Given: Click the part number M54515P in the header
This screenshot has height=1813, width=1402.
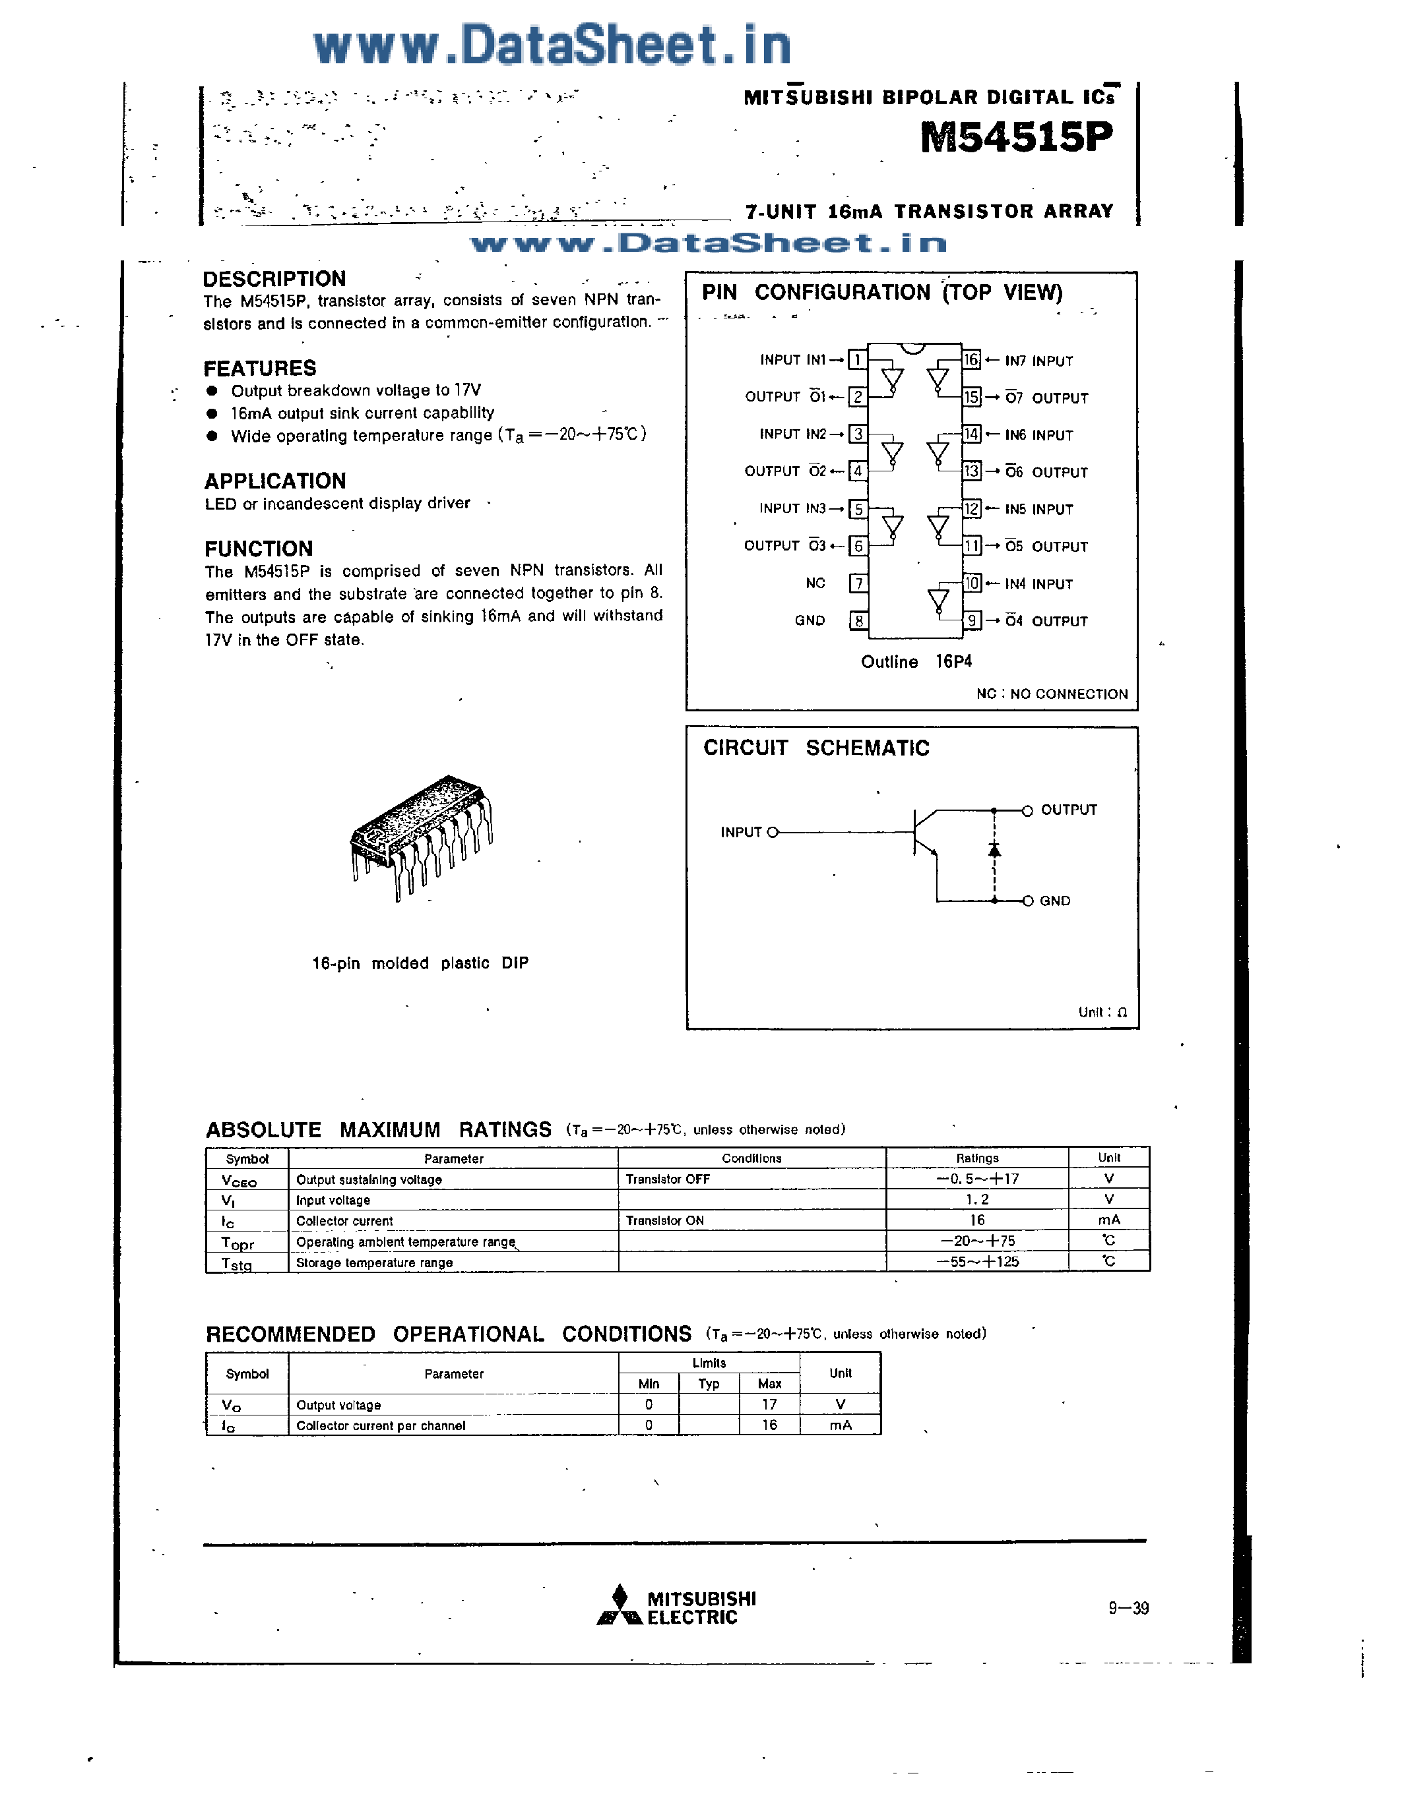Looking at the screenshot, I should point(1016,137).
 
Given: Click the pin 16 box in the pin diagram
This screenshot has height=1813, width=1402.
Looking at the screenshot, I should point(971,359).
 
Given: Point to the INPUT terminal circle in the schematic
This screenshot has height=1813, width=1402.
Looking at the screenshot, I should point(773,832).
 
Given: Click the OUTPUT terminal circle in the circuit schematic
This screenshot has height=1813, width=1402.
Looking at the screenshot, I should point(1027,811).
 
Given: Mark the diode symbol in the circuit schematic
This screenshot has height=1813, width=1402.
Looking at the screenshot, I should point(994,849).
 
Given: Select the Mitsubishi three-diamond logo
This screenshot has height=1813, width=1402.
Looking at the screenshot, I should point(620,1606).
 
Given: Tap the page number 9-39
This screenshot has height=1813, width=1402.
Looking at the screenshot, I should point(1128,1608).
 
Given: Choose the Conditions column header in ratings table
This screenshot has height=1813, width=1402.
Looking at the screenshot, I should point(751,1158).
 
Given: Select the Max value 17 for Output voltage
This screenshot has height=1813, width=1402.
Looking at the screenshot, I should point(769,1404).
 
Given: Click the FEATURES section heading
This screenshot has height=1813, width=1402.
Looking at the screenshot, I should point(260,368).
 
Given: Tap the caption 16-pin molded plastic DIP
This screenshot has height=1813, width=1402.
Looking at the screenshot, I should point(420,963).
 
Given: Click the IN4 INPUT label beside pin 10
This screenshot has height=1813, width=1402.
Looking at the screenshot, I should point(1038,583).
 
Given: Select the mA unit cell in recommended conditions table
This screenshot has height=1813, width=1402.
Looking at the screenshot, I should point(841,1425).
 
